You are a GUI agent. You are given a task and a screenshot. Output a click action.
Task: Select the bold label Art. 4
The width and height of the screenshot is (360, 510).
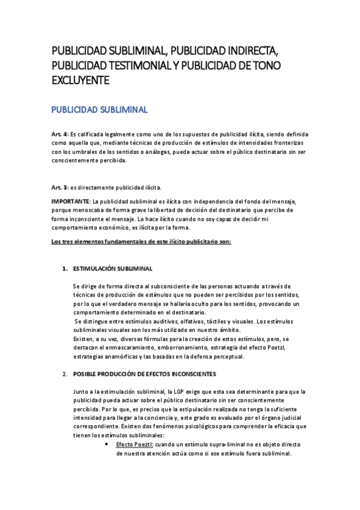click(x=60, y=134)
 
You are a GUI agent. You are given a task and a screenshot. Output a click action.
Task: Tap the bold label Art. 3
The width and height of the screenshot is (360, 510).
click(x=60, y=187)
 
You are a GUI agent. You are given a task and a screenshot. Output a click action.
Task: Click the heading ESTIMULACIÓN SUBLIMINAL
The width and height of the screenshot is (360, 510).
click(x=112, y=268)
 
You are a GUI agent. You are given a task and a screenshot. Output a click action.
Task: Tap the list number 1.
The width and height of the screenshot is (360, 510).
click(x=65, y=268)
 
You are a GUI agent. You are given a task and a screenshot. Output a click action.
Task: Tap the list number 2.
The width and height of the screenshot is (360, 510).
click(x=65, y=375)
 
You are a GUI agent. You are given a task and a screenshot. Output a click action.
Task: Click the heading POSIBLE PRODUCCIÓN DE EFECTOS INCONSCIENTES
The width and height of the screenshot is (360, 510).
click(x=149, y=375)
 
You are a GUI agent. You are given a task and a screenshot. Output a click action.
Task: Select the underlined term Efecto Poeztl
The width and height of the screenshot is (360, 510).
click(x=135, y=444)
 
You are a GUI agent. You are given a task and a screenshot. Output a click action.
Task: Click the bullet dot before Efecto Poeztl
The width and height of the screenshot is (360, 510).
click(x=106, y=444)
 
